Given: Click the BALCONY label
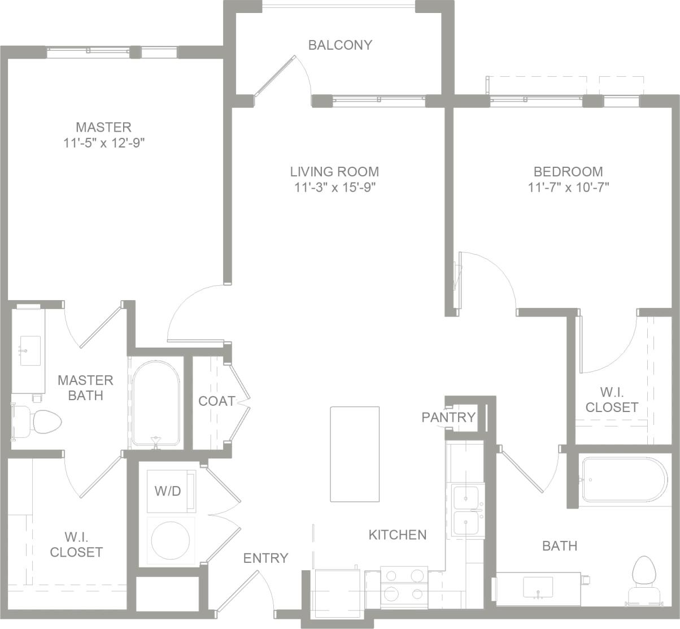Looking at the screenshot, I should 340,45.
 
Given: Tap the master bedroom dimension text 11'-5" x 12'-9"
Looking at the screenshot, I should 104,143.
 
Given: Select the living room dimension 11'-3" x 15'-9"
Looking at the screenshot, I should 334,188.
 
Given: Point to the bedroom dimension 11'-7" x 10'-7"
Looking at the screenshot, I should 568,188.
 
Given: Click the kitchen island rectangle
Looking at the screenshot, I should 355,454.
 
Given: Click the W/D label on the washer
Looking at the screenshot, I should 168,491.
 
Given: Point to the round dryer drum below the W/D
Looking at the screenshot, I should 171,540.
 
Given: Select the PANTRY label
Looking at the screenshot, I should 448,417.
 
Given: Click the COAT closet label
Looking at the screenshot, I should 216,401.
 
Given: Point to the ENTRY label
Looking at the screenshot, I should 265,558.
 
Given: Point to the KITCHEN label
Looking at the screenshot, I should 398,535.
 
